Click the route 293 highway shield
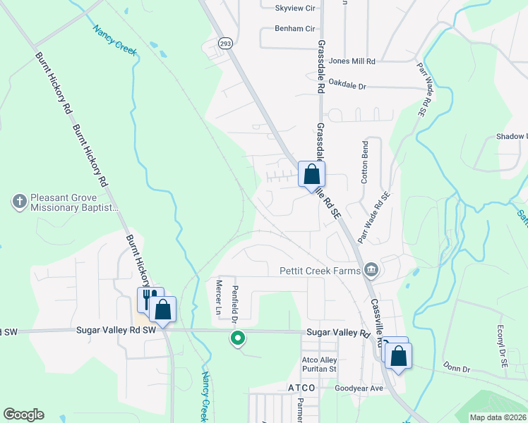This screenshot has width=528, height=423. point(224,42)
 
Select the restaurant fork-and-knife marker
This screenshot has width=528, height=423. point(148,298)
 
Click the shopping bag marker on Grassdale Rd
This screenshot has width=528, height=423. point(311,173)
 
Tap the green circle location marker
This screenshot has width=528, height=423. point(239,339)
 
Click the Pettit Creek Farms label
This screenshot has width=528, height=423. point(320,270)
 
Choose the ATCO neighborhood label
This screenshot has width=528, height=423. point(305,388)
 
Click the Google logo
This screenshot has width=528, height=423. point(23,414)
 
